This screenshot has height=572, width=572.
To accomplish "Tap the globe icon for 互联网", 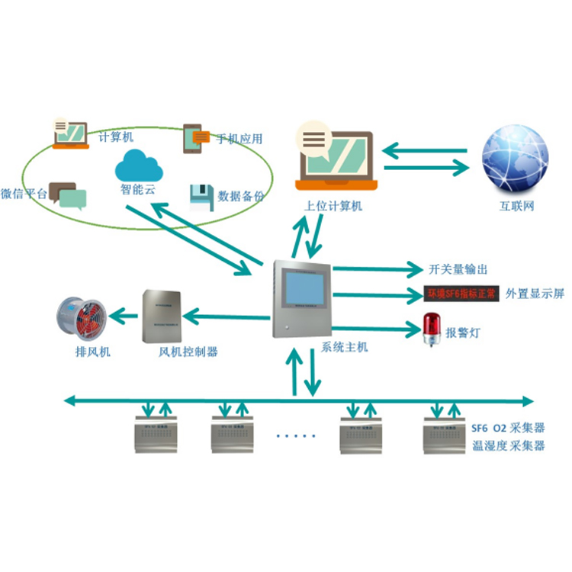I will point(516,158).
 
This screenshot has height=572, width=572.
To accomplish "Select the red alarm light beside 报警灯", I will point(432,327).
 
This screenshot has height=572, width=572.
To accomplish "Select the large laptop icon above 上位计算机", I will point(336,156).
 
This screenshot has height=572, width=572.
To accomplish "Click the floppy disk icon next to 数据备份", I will point(201,197).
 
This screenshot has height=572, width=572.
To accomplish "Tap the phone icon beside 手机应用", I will point(194,139).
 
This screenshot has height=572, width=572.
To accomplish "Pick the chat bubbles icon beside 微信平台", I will point(66,195).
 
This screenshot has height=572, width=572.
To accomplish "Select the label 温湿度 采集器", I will point(509,446).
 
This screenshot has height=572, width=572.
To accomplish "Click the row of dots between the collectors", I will point(295,437).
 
